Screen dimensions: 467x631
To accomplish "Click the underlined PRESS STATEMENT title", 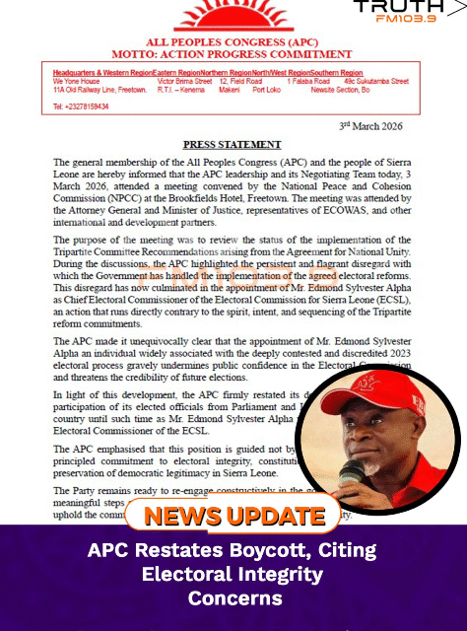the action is (233, 145).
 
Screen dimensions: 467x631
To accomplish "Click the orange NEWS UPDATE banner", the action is (226, 516).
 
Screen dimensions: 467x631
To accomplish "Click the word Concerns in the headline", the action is (233, 598).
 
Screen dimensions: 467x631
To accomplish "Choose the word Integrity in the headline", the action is (281, 574).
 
